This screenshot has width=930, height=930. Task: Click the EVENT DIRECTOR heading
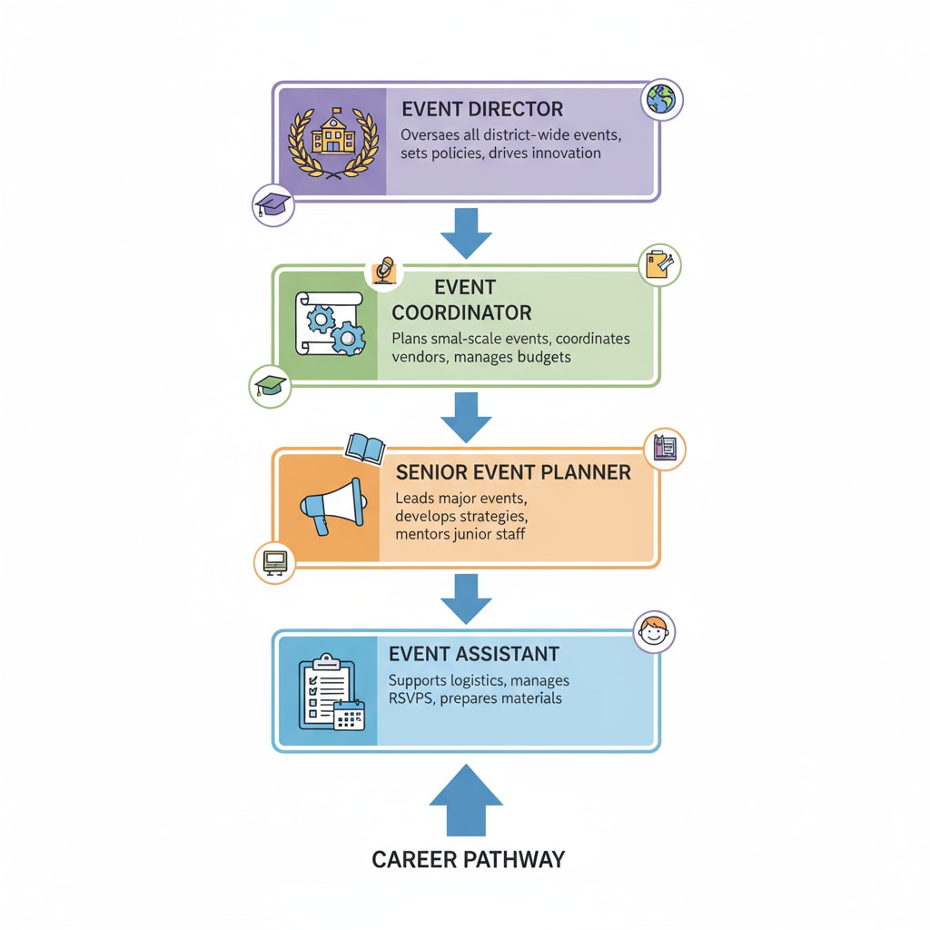click(x=481, y=109)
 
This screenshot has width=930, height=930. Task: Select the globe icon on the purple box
click(x=661, y=101)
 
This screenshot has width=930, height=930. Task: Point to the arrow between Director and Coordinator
click(x=466, y=232)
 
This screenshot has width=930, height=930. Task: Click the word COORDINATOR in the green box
click(x=461, y=312)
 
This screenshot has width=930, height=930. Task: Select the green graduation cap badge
click(x=269, y=386)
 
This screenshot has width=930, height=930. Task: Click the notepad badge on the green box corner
click(x=659, y=265)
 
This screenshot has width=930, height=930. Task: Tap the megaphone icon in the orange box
click(x=332, y=507)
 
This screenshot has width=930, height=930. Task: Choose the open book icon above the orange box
click(x=365, y=448)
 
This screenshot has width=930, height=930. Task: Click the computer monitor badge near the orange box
click(x=274, y=562)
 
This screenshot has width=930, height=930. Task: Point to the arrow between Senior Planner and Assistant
click(x=466, y=599)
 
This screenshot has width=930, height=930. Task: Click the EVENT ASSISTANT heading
click(x=473, y=654)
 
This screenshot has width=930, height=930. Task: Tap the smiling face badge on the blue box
click(x=654, y=631)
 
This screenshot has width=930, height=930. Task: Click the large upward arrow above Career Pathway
click(x=466, y=799)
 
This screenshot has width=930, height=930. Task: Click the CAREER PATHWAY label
click(x=468, y=859)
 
